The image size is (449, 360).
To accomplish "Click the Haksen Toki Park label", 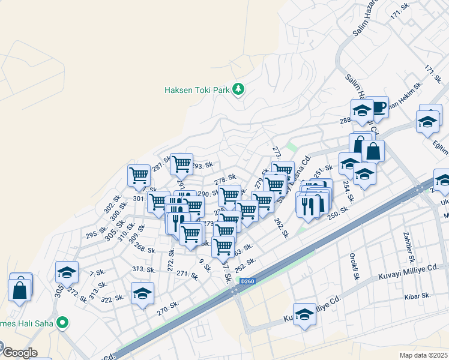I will coord(197,90).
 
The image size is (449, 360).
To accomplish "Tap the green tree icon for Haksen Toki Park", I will coord(239,89).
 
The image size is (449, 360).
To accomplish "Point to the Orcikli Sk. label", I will coord(354,269).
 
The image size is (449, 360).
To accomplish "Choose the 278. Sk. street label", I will coord(224,179).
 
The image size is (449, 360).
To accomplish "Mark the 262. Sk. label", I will coord(282,228).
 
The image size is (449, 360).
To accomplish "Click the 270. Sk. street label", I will coord(168,308).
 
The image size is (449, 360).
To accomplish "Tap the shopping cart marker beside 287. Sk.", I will coord(139,175).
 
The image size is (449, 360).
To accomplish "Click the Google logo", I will coord(19,353).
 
